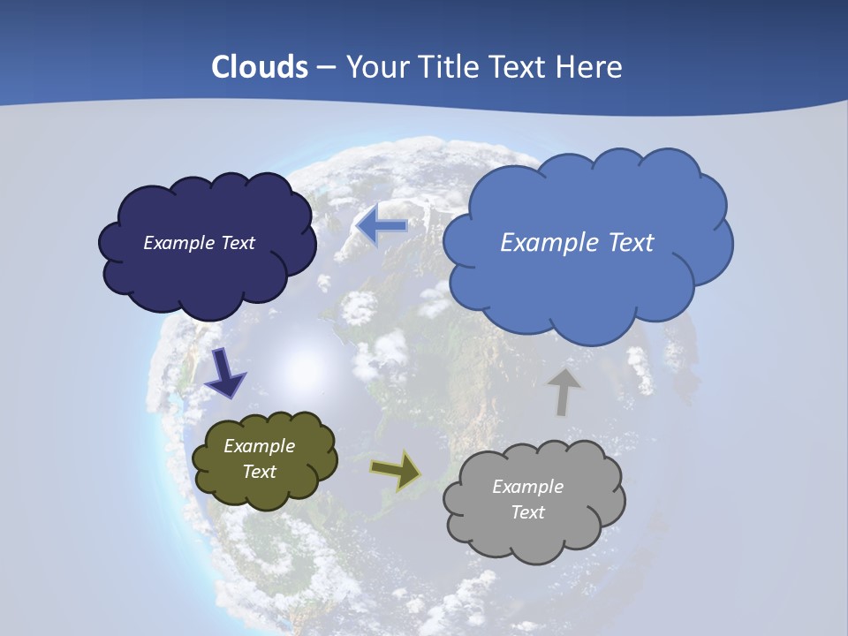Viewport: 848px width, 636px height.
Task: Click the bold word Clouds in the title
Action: (x=260, y=67)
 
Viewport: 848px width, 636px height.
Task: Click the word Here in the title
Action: (x=591, y=67)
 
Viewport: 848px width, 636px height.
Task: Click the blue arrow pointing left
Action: (x=382, y=226)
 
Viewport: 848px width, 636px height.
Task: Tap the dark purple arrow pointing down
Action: (x=224, y=372)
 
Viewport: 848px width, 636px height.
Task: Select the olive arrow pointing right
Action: (x=397, y=471)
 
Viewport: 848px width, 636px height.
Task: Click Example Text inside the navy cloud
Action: (x=199, y=243)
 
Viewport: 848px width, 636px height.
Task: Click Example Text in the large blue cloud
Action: (x=577, y=243)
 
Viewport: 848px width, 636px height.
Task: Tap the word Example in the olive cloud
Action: (x=259, y=446)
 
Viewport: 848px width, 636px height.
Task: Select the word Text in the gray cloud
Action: (x=527, y=512)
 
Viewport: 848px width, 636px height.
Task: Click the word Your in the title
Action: (x=370, y=67)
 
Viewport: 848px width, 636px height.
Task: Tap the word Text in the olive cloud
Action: (x=259, y=472)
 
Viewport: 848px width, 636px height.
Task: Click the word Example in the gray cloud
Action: (x=527, y=487)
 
